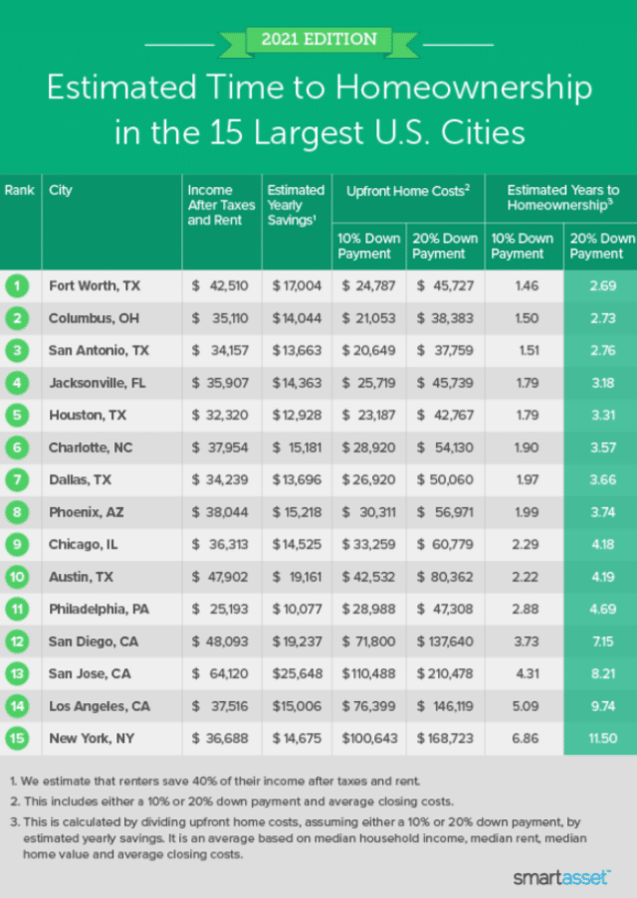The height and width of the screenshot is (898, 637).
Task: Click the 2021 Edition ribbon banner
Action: [x=318, y=41]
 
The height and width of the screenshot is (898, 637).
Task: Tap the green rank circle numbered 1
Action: [x=20, y=286]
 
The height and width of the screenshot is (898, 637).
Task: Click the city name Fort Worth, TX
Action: [x=95, y=286]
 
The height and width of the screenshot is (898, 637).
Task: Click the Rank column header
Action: [x=20, y=190]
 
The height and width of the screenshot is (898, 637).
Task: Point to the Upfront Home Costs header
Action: [x=406, y=190]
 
